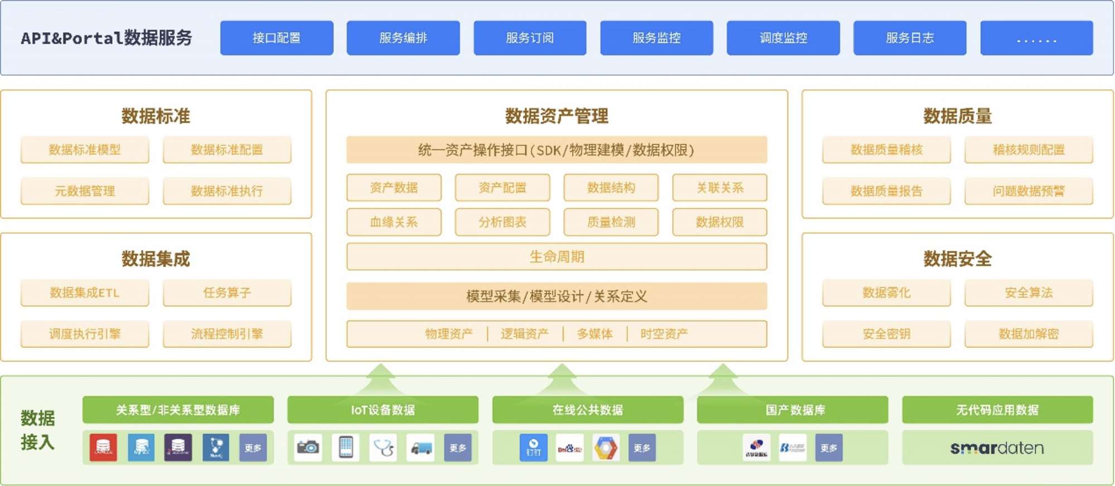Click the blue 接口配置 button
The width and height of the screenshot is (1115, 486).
(x=277, y=38)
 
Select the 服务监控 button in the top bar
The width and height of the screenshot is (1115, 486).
(x=656, y=38)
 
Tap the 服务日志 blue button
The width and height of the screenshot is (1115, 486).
(x=909, y=38)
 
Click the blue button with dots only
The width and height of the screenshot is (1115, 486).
(x=1036, y=38)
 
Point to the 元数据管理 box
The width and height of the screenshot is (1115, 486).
(x=85, y=191)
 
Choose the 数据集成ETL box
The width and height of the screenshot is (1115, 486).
(x=85, y=293)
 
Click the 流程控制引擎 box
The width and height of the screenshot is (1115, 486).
(x=227, y=334)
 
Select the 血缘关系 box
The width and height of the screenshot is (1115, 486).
(x=394, y=222)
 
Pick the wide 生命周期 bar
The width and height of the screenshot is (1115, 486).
(x=556, y=257)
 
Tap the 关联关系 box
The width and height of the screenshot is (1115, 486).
(x=719, y=188)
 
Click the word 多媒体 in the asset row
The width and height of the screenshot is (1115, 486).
(x=594, y=334)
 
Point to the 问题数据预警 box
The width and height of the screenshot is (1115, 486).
(x=1028, y=191)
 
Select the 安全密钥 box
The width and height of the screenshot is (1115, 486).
(x=886, y=334)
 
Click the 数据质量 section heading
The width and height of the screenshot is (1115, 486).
(x=957, y=116)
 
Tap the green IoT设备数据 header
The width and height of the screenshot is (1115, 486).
(x=382, y=410)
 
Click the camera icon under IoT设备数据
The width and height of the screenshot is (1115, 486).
(x=308, y=448)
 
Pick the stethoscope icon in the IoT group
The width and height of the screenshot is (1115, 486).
(x=384, y=448)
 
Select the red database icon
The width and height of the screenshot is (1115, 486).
(x=103, y=448)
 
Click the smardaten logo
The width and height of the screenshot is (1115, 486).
(x=997, y=448)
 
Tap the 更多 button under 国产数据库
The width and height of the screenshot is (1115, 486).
(x=828, y=448)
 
